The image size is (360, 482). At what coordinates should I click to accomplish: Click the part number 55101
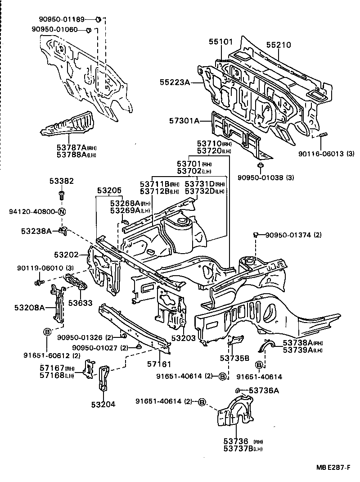pos(220,42)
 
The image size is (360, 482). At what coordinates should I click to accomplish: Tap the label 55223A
pos(175,82)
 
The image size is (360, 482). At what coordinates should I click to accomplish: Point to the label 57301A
pos(184,121)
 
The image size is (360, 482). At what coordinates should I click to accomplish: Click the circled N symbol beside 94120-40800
pos(62,212)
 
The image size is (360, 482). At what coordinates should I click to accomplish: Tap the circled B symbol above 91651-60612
pos(47,332)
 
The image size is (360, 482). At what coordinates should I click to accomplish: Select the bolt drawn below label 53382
pos(62,195)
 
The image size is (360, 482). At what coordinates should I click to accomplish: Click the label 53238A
pos(36,231)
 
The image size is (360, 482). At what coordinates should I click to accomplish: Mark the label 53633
pos(78,302)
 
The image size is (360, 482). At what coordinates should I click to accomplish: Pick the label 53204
pos(103,404)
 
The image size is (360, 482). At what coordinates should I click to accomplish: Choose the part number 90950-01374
pos(287,235)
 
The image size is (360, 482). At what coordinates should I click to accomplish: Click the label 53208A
pos(29,308)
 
